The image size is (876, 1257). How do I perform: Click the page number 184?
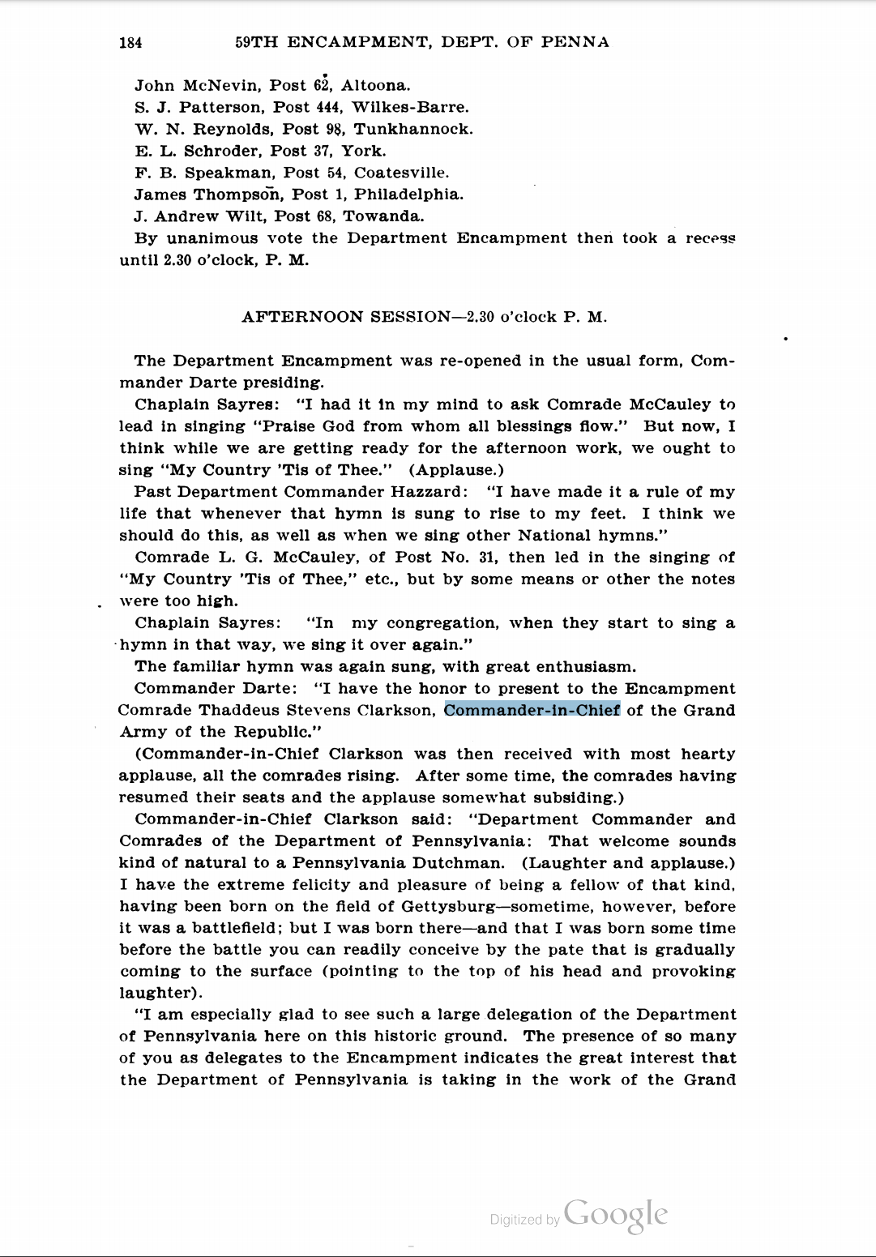130,43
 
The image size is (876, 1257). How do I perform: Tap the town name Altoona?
375,86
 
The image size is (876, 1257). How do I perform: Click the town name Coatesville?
401,173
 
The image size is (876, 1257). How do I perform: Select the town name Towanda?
383,217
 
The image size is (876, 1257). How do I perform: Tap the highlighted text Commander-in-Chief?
532,711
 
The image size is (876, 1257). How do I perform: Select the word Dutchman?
458,863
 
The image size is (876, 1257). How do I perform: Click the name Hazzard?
429,492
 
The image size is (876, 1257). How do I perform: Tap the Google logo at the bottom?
616,1215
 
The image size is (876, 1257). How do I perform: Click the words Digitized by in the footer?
524,1220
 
